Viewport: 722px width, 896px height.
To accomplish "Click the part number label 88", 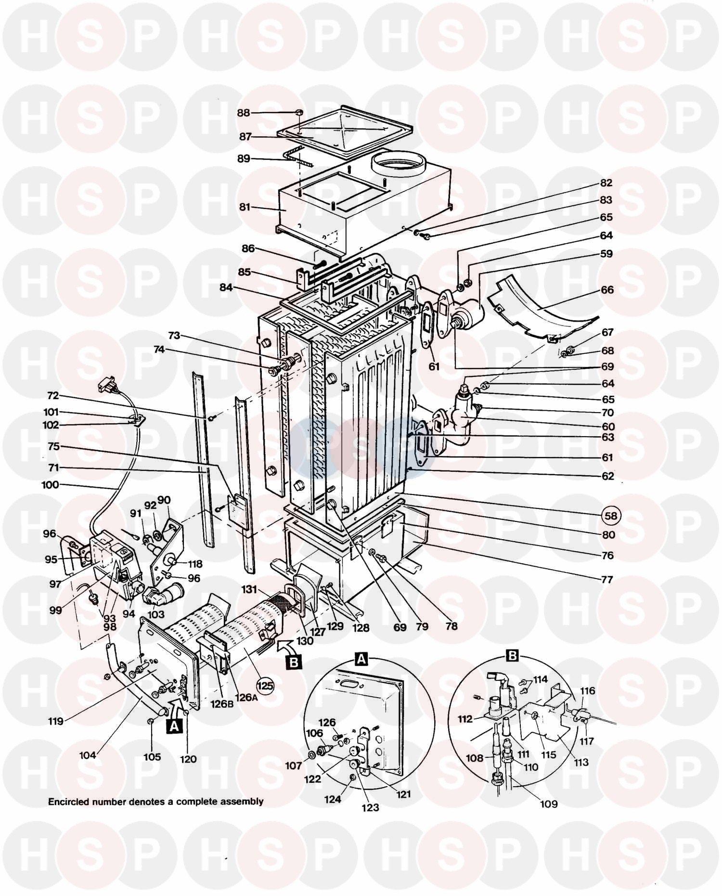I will (244, 113).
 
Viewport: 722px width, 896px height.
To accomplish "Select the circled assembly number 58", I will (611, 516).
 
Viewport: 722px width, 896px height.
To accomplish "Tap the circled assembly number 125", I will (264, 684).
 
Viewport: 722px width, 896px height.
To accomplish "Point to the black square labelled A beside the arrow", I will (175, 725).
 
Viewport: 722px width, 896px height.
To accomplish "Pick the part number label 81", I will (245, 208).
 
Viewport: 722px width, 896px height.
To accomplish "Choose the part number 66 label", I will (607, 290).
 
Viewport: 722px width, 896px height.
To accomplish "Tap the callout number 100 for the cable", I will (50, 485).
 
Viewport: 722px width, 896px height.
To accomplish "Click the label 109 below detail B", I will (549, 804).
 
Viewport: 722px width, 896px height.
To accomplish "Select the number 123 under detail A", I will (371, 807).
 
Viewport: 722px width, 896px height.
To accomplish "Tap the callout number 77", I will (607, 579).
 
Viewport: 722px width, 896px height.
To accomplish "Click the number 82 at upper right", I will (606, 183).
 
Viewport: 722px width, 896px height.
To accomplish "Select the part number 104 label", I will (88, 755).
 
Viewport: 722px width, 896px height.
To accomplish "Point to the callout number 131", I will (250, 589).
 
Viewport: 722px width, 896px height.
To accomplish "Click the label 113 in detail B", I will (581, 762).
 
